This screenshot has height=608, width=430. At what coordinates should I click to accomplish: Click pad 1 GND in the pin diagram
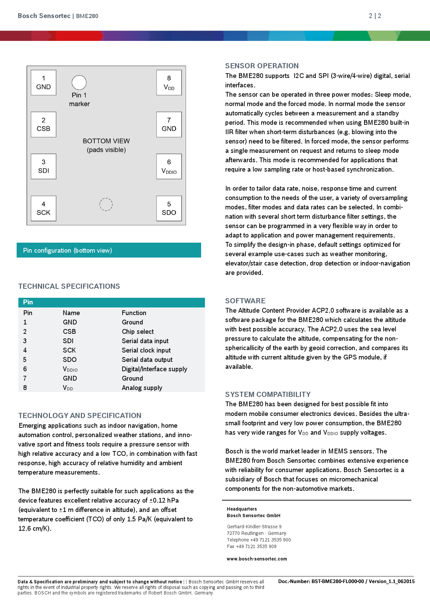pyautogui.click(x=43, y=83)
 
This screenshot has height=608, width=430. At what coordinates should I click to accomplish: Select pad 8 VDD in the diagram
pyautogui.click(x=169, y=83)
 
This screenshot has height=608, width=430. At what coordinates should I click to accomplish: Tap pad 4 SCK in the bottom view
pyautogui.click(x=43, y=208)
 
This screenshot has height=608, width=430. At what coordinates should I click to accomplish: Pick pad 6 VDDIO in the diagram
pyautogui.click(x=169, y=166)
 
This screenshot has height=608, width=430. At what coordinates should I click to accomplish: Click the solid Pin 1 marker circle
pyautogui.click(x=79, y=82)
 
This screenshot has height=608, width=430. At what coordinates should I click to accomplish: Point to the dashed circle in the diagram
pyautogui.click(x=106, y=205)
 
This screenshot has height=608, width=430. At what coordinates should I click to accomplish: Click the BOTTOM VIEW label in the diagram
pyautogui.click(x=106, y=141)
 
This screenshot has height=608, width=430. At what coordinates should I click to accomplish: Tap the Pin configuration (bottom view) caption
pyautogui.click(x=67, y=250)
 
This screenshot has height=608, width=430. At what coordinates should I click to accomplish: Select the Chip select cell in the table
pyautogui.click(x=138, y=332)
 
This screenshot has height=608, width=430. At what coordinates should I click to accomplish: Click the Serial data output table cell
pyautogui.click(x=147, y=360)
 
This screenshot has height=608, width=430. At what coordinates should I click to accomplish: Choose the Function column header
pyautogui.click(x=134, y=313)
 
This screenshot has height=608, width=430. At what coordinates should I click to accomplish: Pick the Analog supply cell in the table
pyautogui.click(x=142, y=388)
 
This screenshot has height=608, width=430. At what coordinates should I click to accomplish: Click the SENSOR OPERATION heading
pyautogui.click(x=262, y=66)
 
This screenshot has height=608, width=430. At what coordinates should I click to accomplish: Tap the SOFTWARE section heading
pyautogui.click(x=245, y=301)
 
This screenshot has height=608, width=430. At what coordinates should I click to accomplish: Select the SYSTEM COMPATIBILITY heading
pyautogui.click(x=268, y=394)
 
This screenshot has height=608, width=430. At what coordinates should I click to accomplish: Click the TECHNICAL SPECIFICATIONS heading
pyautogui.click(x=69, y=286)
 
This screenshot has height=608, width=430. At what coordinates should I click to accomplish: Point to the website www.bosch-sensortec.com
pyautogui.click(x=257, y=559)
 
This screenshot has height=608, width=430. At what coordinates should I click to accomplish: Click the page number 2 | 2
pyautogui.click(x=375, y=16)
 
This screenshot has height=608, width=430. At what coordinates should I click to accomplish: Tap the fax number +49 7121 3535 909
pyautogui.click(x=256, y=547)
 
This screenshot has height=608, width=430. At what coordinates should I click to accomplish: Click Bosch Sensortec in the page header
pyautogui.click(x=44, y=16)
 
